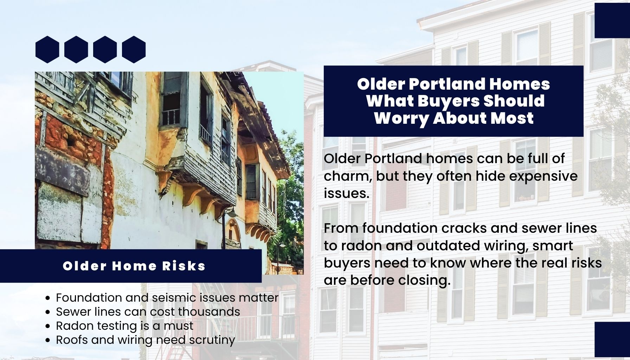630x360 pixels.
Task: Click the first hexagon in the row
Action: pyautogui.click(x=47, y=50)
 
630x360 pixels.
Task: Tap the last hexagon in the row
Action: pyautogui.click(x=134, y=50)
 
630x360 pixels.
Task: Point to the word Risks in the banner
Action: pyautogui.click(x=184, y=266)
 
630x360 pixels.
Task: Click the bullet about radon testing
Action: pyautogui.click(x=124, y=326)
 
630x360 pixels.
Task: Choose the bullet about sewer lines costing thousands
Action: pyautogui.click(x=148, y=312)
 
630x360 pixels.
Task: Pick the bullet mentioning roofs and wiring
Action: pyautogui.click(x=145, y=340)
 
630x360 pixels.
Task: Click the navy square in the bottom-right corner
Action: pyautogui.click(x=612, y=340)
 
